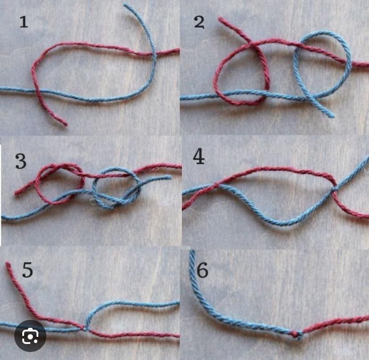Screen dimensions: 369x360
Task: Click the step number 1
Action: click(x=24, y=22)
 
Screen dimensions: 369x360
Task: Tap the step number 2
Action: click(x=199, y=22)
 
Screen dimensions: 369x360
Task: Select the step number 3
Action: click(x=20, y=161)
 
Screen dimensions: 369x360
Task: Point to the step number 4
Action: click(x=199, y=156)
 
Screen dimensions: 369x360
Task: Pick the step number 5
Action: click(x=27, y=270)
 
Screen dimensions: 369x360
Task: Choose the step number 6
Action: click(x=202, y=270)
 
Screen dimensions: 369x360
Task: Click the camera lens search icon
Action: click(x=30, y=335)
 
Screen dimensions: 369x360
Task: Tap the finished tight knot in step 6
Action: click(x=297, y=335)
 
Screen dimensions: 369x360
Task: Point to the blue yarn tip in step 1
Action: click(x=125, y=5)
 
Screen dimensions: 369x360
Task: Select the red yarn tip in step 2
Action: click(x=220, y=18)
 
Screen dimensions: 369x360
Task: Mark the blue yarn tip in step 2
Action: click(x=332, y=116)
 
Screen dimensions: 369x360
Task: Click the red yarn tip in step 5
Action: click(x=8, y=264)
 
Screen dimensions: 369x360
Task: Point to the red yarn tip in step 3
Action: click(x=16, y=193)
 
